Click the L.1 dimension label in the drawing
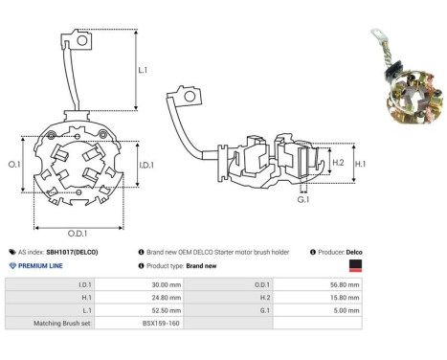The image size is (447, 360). tap(142, 70)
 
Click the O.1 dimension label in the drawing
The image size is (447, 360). tap(14, 165)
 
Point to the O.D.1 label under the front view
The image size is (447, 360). tap(78, 234)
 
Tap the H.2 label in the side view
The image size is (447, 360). tap(338, 163)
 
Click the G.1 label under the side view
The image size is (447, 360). tap(302, 199)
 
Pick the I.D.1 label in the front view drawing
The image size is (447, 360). tap(146, 166)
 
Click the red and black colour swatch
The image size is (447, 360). tap(355, 265)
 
